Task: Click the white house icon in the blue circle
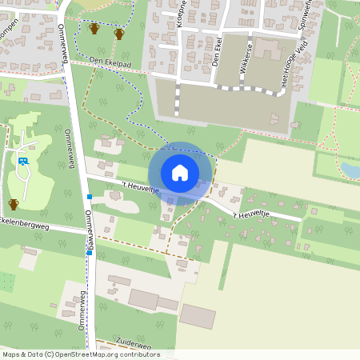point(180,173)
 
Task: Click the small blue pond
point(350,169)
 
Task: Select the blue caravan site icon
point(23,161)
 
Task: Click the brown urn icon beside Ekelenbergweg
point(14,204)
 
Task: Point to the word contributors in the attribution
point(140,354)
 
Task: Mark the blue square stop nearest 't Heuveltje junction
point(90,197)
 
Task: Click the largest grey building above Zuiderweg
point(144,299)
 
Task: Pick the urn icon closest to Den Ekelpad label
point(119,34)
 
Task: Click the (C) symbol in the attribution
point(50,354)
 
